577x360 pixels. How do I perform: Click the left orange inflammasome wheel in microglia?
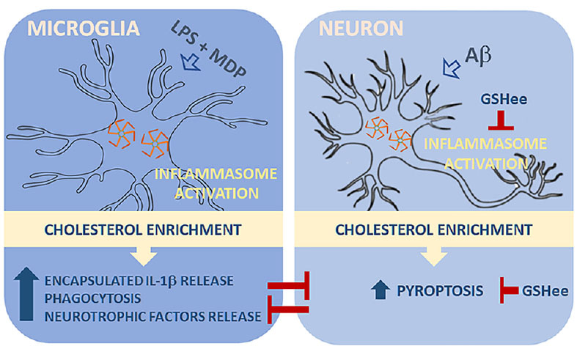[120, 132]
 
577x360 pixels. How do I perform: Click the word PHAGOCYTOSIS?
[97, 299]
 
